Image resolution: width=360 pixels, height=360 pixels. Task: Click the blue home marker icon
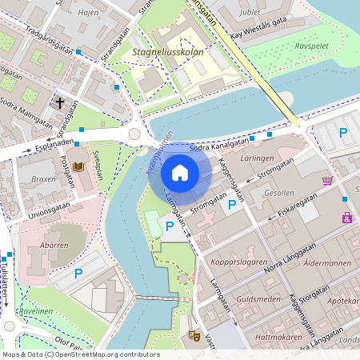(x=180, y=173)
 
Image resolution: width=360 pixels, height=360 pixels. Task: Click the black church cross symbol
(x=60, y=102)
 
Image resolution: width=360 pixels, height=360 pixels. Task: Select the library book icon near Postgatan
(x=78, y=166)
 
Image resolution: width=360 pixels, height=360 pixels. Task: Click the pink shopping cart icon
(x=327, y=181)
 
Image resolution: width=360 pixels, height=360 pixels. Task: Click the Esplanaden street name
(x=54, y=145)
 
